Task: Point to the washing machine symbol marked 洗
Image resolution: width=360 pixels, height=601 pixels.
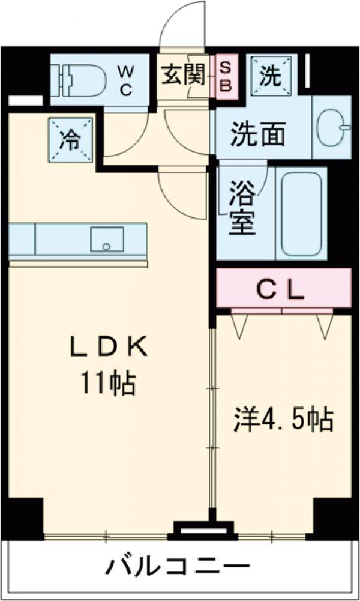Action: pos(271,74)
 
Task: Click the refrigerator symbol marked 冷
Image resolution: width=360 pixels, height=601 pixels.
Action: pos(71,139)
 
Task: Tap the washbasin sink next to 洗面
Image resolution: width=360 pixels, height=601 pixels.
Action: pos(333,127)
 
